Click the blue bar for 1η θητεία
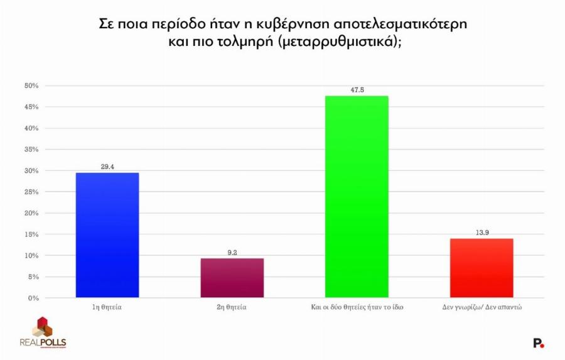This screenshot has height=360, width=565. click(x=107, y=235)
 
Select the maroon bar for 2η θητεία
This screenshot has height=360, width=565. click(x=232, y=278)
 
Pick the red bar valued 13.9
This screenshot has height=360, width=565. click(x=482, y=268)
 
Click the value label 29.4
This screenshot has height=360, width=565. click(x=107, y=166)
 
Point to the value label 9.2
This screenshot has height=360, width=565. click(x=232, y=253)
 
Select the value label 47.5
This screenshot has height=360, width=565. click(x=357, y=90)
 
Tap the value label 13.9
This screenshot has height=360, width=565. click(x=482, y=232)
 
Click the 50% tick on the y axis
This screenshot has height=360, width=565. click(x=31, y=85)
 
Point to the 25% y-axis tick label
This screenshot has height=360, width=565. click(x=31, y=192)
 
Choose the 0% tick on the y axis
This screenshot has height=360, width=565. click(x=34, y=298)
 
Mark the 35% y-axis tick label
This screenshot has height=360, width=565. click(x=31, y=150)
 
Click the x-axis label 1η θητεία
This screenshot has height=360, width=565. click(x=107, y=308)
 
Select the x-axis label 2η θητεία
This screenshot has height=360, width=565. click(x=232, y=308)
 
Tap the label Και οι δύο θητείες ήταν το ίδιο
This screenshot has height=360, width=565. click(x=357, y=308)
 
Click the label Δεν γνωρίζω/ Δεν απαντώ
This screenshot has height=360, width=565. click(x=482, y=308)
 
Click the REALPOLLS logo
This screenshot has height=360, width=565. click(x=43, y=334)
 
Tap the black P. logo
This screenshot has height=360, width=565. click(x=538, y=343)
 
